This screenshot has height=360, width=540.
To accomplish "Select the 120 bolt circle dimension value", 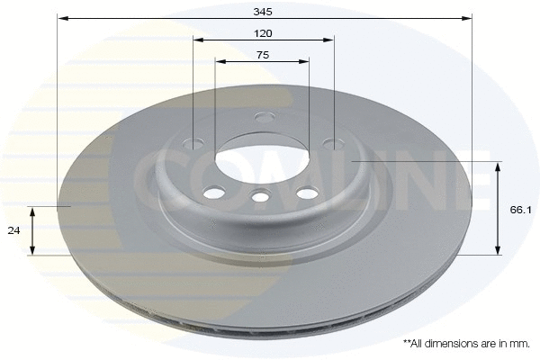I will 263,33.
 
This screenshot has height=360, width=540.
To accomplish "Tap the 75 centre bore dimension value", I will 263,55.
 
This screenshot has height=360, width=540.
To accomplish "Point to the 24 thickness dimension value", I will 13,230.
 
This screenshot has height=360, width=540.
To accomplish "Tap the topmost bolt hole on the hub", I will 264,117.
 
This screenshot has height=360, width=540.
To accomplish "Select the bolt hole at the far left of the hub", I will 195,142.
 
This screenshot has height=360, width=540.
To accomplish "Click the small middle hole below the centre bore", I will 261,197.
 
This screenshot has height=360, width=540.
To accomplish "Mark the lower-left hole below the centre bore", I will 214,193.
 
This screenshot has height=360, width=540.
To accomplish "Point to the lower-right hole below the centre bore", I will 307,193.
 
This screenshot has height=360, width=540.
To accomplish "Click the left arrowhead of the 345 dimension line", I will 62,18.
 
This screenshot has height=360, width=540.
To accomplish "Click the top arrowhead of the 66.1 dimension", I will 498,166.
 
